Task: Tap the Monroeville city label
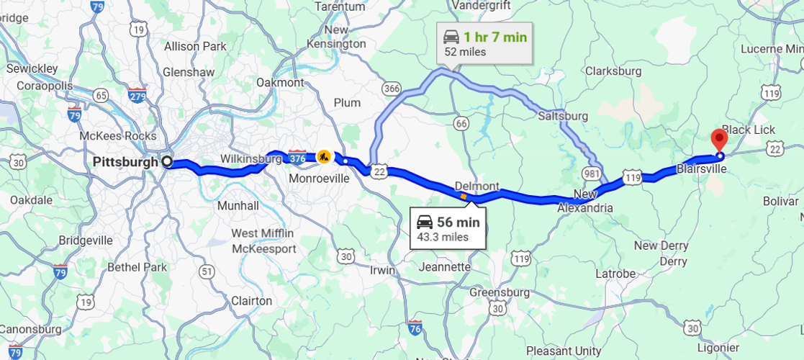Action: pyautogui.click(x=319, y=178)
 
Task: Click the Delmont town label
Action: pyautogui.click(x=476, y=186)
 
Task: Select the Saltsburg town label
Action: pyautogui.click(x=563, y=116)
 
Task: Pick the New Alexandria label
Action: pyautogui.click(x=586, y=201)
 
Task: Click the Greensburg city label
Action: pyautogui.click(x=500, y=293)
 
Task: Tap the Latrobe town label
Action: pyautogui.click(x=615, y=274)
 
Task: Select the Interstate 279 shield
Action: pyautogui.click(x=137, y=94)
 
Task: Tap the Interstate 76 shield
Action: pyautogui.click(x=415, y=327)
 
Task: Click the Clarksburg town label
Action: pyautogui.click(x=613, y=71)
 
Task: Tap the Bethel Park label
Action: pyautogui.click(x=137, y=267)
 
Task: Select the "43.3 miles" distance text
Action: pyautogui.click(x=443, y=237)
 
